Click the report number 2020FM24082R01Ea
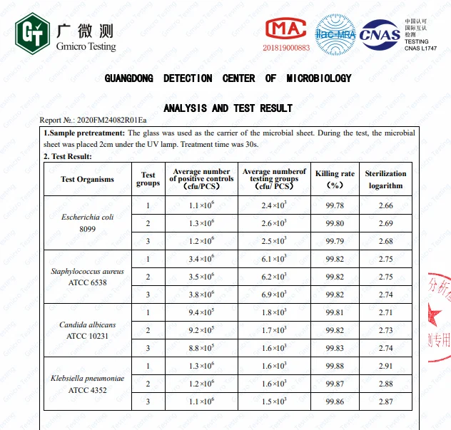click(113, 121)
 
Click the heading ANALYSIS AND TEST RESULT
click(228, 108)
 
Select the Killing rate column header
click(335, 179)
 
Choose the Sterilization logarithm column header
click(385, 179)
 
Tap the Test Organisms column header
click(87, 179)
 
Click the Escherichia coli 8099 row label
click(87, 223)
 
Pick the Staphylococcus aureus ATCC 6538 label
click(87, 277)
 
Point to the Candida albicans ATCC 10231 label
click(87, 330)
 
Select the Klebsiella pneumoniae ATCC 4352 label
click(87, 384)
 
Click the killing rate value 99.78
click(335, 206)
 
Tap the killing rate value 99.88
click(335, 366)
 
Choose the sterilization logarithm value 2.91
click(385, 366)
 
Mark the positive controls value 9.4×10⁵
click(202, 312)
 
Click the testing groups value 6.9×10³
click(275, 295)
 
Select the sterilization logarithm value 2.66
click(385, 206)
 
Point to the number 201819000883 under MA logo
click(287, 48)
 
